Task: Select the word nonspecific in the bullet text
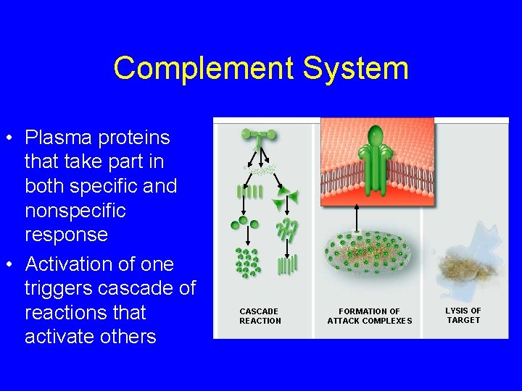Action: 75,211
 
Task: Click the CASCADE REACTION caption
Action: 260,316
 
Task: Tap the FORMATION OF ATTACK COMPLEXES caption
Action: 369,316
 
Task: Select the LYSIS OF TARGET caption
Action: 463,315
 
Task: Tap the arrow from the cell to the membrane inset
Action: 356,217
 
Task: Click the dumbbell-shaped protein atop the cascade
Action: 258,134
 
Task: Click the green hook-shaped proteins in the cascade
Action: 286,230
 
